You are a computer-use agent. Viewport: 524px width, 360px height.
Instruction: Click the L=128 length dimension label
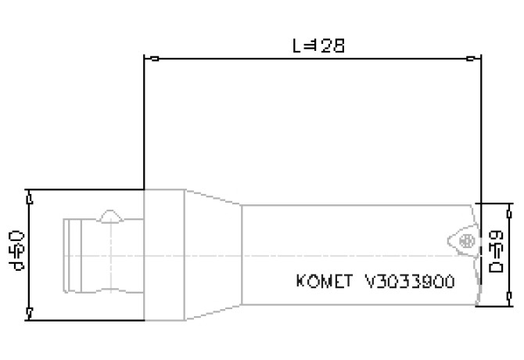tap(318, 45)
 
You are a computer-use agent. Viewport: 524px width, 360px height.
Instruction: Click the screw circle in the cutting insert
tap(467, 241)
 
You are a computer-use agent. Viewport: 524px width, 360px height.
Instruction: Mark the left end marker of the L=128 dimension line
tap(155, 59)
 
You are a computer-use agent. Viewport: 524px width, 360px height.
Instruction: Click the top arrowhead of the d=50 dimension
tap(28, 200)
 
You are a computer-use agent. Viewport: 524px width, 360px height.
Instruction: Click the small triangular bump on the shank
tap(110, 214)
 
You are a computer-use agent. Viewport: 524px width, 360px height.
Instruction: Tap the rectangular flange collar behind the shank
tap(164, 255)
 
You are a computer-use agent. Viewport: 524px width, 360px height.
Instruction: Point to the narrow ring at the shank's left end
tap(69, 255)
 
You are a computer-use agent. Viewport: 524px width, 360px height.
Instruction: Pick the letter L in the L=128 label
tap(298, 45)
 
